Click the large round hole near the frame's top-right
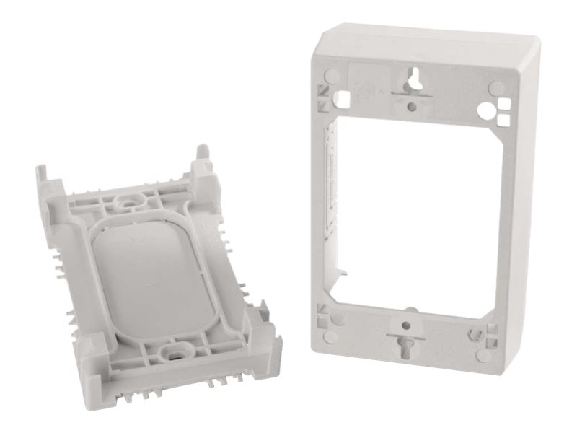click(491, 110)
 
